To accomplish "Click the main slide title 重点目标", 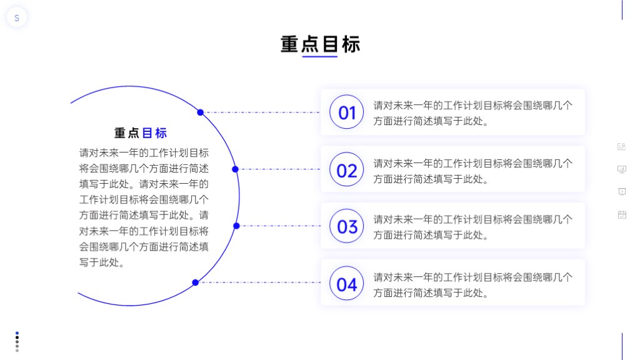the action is pos(320,44).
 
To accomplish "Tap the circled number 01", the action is pos(346,112).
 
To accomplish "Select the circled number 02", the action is pos(346,169).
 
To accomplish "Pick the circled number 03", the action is pos(346,226).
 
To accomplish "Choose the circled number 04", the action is pos(346,283).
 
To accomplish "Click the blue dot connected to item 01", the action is pos(200,112).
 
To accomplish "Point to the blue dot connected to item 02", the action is pos(235,169).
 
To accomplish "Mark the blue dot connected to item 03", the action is pos(236,226).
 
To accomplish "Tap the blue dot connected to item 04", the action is pos(196,282).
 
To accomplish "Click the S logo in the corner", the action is pos(17,17).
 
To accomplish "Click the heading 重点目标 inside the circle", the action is pos(141,133).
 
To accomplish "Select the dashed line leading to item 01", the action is pos(262,112).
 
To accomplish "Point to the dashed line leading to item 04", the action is pos(259,282).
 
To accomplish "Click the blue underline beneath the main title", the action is pos(319,56).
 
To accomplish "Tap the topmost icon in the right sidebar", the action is pos(622,146).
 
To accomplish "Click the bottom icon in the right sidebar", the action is pos(622,215).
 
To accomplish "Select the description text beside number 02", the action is pos(472,171).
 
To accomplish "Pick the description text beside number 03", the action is pos(472,227).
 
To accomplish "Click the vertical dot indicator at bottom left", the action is pos(17,342).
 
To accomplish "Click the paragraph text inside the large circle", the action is pos(144,207).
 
